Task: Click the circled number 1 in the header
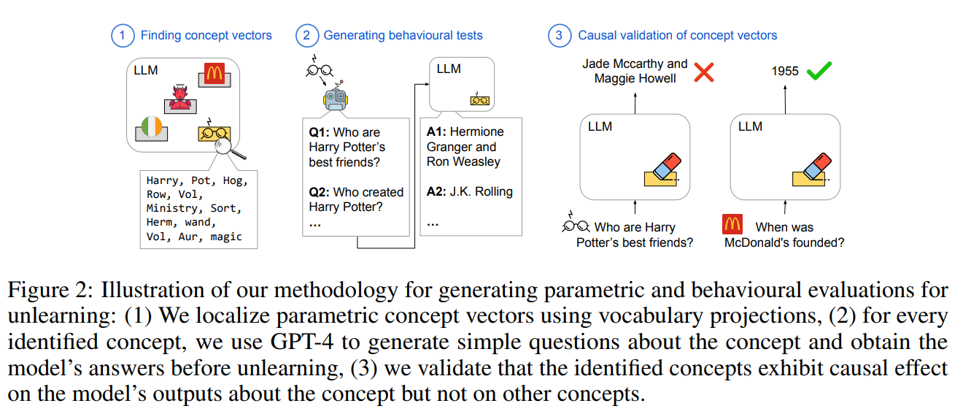click(123, 35)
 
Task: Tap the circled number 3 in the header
click(560, 35)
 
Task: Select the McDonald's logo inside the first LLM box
click(213, 74)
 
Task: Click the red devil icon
click(178, 99)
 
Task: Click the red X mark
click(703, 72)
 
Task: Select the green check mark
click(820, 71)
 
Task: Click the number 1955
click(785, 72)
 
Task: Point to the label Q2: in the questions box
click(320, 192)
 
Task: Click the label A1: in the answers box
click(437, 132)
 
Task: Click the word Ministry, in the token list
click(174, 208)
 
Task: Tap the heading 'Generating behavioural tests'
click(403, 35)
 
